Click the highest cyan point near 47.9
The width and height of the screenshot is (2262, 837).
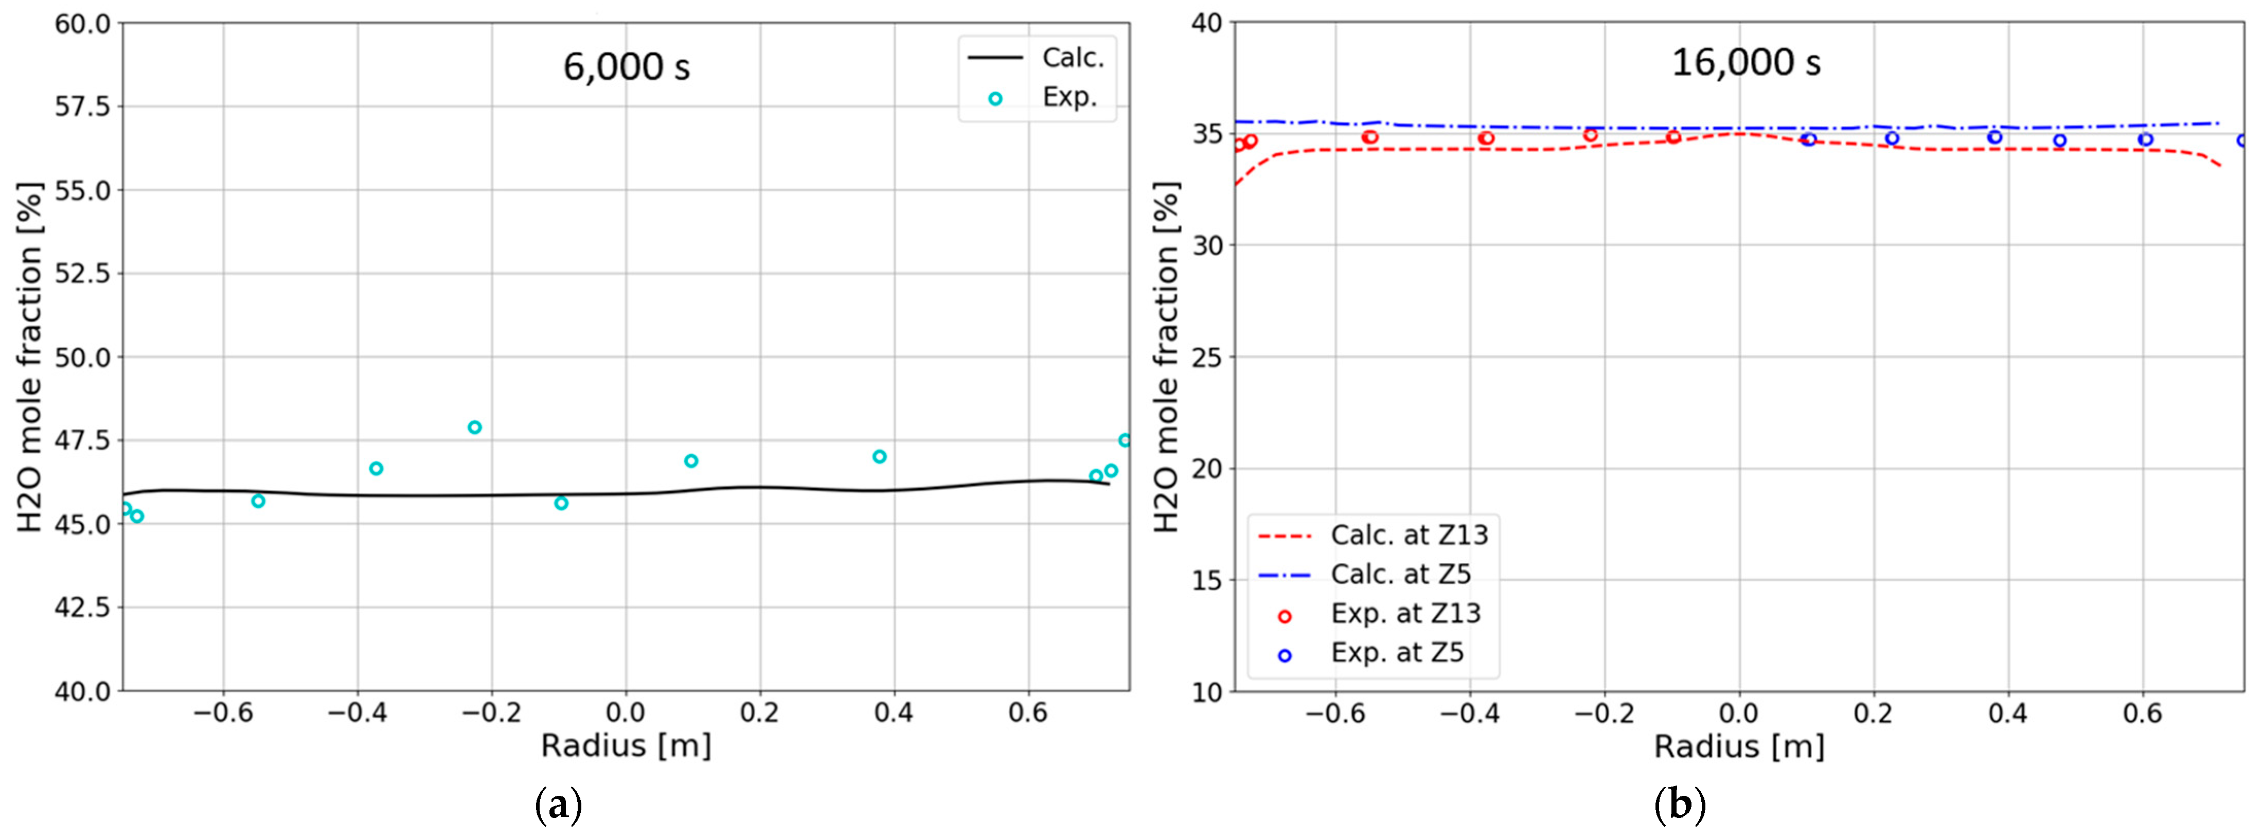(x=474, y=428)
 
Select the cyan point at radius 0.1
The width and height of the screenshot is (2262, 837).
(x=691, y=461)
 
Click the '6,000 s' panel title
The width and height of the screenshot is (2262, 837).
(x=626, y=67)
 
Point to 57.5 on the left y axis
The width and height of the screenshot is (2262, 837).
(x=82, y=107)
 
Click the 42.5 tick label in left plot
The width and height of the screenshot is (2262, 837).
(x=82, y=608)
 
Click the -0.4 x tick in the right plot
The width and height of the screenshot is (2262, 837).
(x=1469, y=713)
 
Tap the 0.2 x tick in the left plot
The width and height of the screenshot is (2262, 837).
(x=759, y=713)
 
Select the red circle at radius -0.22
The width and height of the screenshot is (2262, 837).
(x=1590, y=135)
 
